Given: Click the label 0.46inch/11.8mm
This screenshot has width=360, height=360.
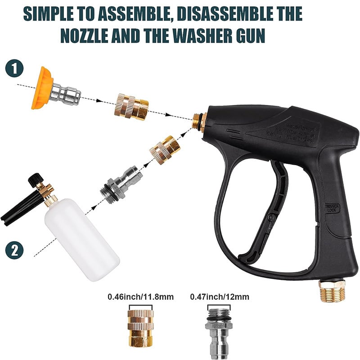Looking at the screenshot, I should (140, 297).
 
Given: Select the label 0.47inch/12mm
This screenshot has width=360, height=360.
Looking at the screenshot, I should (220, 297).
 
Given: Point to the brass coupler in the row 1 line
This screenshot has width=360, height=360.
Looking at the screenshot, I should (131, 106).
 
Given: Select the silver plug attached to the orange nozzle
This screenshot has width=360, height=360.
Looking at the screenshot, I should (67, 93).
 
